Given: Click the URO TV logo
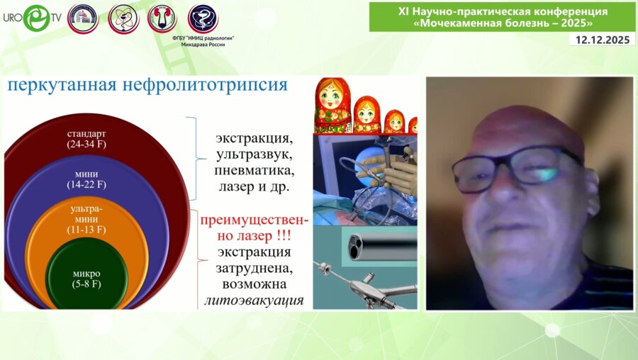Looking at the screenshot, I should tap(31, 18).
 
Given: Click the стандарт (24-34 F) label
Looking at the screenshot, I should tap(86, 140).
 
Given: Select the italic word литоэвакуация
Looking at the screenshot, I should tap(253, 300).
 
